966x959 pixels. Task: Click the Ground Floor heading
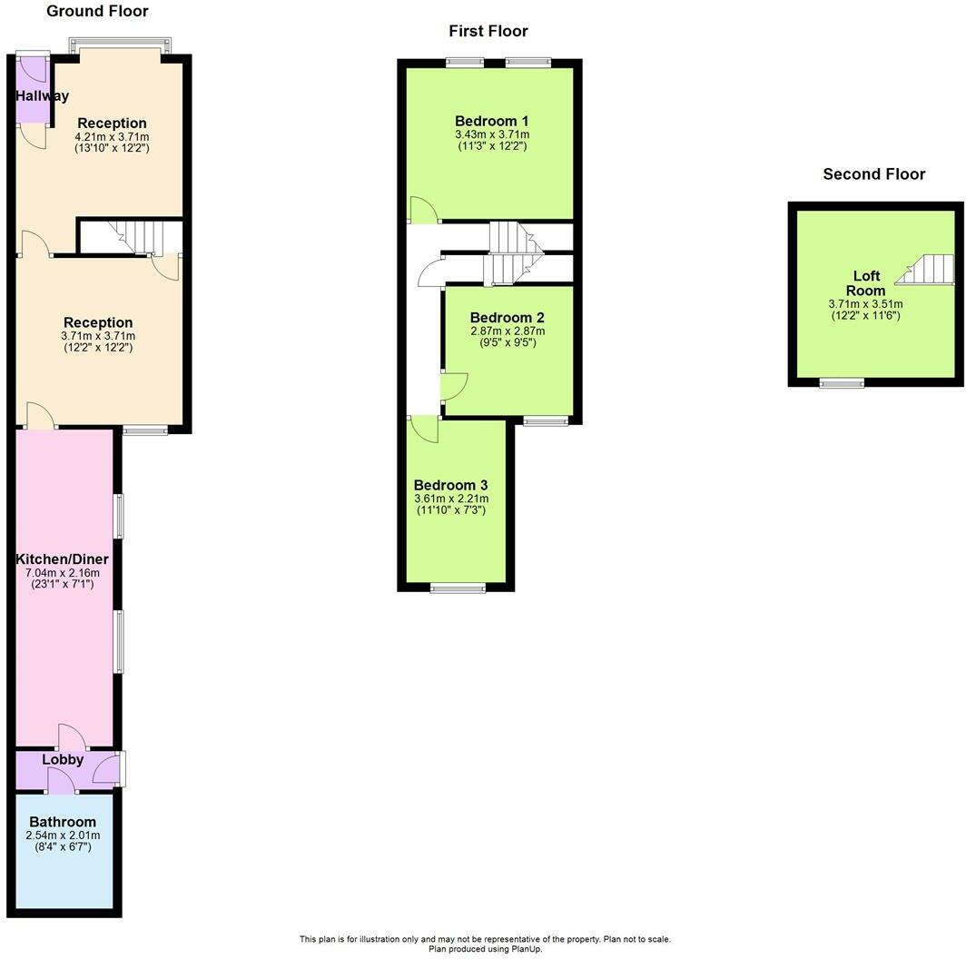pos(97,11)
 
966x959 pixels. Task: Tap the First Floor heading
pos(488,31)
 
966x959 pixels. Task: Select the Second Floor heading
pos(873,173)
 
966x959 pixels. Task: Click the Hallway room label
pos(42,95)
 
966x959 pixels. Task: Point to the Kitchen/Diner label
pos(62,559)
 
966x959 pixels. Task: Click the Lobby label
pos(63,759)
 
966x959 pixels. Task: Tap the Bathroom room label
pos(63,822)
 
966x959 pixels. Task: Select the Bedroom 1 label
pos(492,121)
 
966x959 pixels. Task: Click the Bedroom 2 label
pos(507,318)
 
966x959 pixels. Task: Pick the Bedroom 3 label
pos(451,485)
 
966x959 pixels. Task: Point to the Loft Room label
pos(865,283)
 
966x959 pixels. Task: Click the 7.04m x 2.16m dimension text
pos(63,572)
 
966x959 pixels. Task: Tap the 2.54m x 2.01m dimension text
pos(63,835)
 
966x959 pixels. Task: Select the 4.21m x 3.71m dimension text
pos(113,137)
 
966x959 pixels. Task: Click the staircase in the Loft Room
pos(925,270)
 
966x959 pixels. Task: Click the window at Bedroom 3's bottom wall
pos(458,588)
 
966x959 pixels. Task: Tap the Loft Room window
pos(842,383)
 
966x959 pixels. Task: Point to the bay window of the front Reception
pos(120,45)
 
